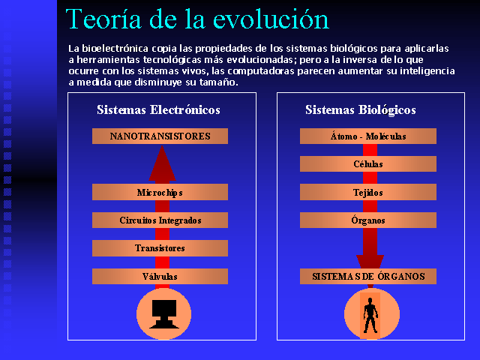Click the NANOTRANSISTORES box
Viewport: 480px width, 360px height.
(x=160, y=136)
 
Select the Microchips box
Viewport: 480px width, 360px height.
(x=160, y=192)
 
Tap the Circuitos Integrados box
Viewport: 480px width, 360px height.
(x=160, y=220)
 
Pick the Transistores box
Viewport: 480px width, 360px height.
(x=160, y=248)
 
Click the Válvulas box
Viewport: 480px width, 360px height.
(x=160, y=277)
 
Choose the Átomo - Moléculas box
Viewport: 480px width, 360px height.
(x=368, y=136)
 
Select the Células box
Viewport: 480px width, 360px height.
(x=368, y=163)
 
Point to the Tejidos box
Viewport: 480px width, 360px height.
(x=368, y=192)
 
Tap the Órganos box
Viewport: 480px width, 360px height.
(x=368, y=220)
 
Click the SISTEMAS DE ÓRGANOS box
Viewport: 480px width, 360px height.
(x=368, y=277)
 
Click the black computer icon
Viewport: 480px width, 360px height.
(x=164, y=314)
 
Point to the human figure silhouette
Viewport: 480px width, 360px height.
(x=370, y=315)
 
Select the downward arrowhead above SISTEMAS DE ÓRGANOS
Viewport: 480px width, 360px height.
(x=370, y=262)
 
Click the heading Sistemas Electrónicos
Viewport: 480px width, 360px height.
(x=158, y=110)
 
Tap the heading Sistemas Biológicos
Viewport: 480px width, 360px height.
(x=361, y=110)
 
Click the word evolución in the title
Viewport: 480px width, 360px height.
(x=271, y=19)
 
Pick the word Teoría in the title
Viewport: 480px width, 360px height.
(x=103, y=19)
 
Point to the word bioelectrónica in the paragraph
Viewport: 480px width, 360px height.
(x=115, y=48)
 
